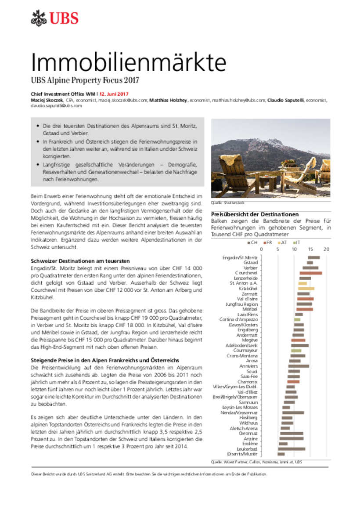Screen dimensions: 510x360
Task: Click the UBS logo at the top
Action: click(54, 18)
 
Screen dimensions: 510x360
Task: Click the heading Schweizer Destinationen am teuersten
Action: click(80, 260)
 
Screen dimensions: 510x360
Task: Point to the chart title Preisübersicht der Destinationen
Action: click(255, 214)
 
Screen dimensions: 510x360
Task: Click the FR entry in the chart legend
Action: click(268, 242)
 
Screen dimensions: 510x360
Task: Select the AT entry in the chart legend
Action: click(283, 242)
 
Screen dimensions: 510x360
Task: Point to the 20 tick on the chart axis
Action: click(326, 249)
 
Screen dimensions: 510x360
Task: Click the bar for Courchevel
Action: click(311, 273)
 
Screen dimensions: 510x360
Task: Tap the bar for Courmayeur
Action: click(296, 351)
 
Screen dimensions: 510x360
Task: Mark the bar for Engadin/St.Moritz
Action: click(314, 257)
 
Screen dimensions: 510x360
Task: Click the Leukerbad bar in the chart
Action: click(292, 449)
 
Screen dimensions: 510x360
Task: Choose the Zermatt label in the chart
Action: click(249, 294)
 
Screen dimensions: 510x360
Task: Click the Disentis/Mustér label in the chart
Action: click(242, 454)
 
